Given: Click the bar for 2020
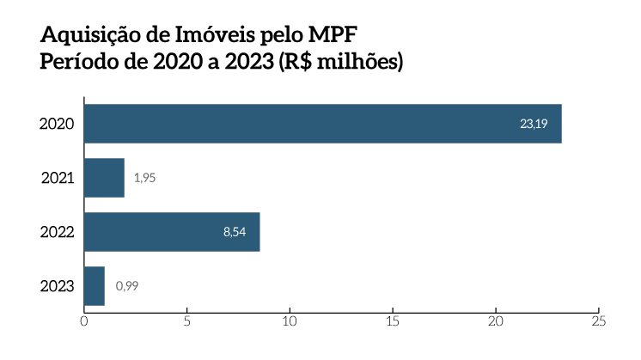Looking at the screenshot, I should (322, 124).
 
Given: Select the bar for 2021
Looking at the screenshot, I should (104, 178).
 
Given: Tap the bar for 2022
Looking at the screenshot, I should (172, 232).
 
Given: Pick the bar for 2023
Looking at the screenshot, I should (94, 286).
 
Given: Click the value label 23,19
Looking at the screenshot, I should (533, 125).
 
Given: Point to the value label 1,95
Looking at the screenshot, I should (144, 178).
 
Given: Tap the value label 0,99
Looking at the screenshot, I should (126, 286).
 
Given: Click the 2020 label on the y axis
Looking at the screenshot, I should (57, 125).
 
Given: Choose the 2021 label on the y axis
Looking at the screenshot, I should (58, 179).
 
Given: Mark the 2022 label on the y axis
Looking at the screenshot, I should (57, 232).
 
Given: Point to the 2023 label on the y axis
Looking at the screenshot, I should (57, 286).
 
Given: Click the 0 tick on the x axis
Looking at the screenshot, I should (83, 321).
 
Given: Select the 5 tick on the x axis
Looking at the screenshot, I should (186, 321).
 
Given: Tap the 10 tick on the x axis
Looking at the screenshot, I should (290, 321).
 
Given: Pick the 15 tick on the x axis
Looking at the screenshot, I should (393, 321).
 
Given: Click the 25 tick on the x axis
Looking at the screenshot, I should (598, 321).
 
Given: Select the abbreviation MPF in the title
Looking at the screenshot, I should (328, 36).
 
